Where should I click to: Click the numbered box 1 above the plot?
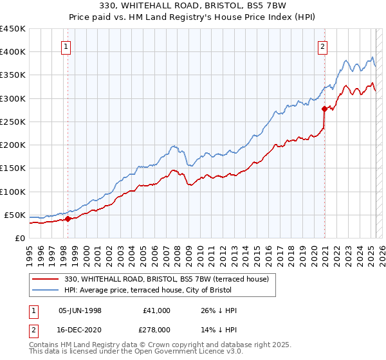[68, 46]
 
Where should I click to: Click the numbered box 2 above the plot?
[322, 46]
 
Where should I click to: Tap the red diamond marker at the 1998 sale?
[68, 219]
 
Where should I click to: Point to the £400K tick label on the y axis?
[13, 52]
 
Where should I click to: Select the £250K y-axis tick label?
[13, 122]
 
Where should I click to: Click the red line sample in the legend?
[46, 278]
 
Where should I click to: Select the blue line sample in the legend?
[46, 290]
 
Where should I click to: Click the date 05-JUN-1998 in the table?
[80, 310]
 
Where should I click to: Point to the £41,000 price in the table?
[157, 310]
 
